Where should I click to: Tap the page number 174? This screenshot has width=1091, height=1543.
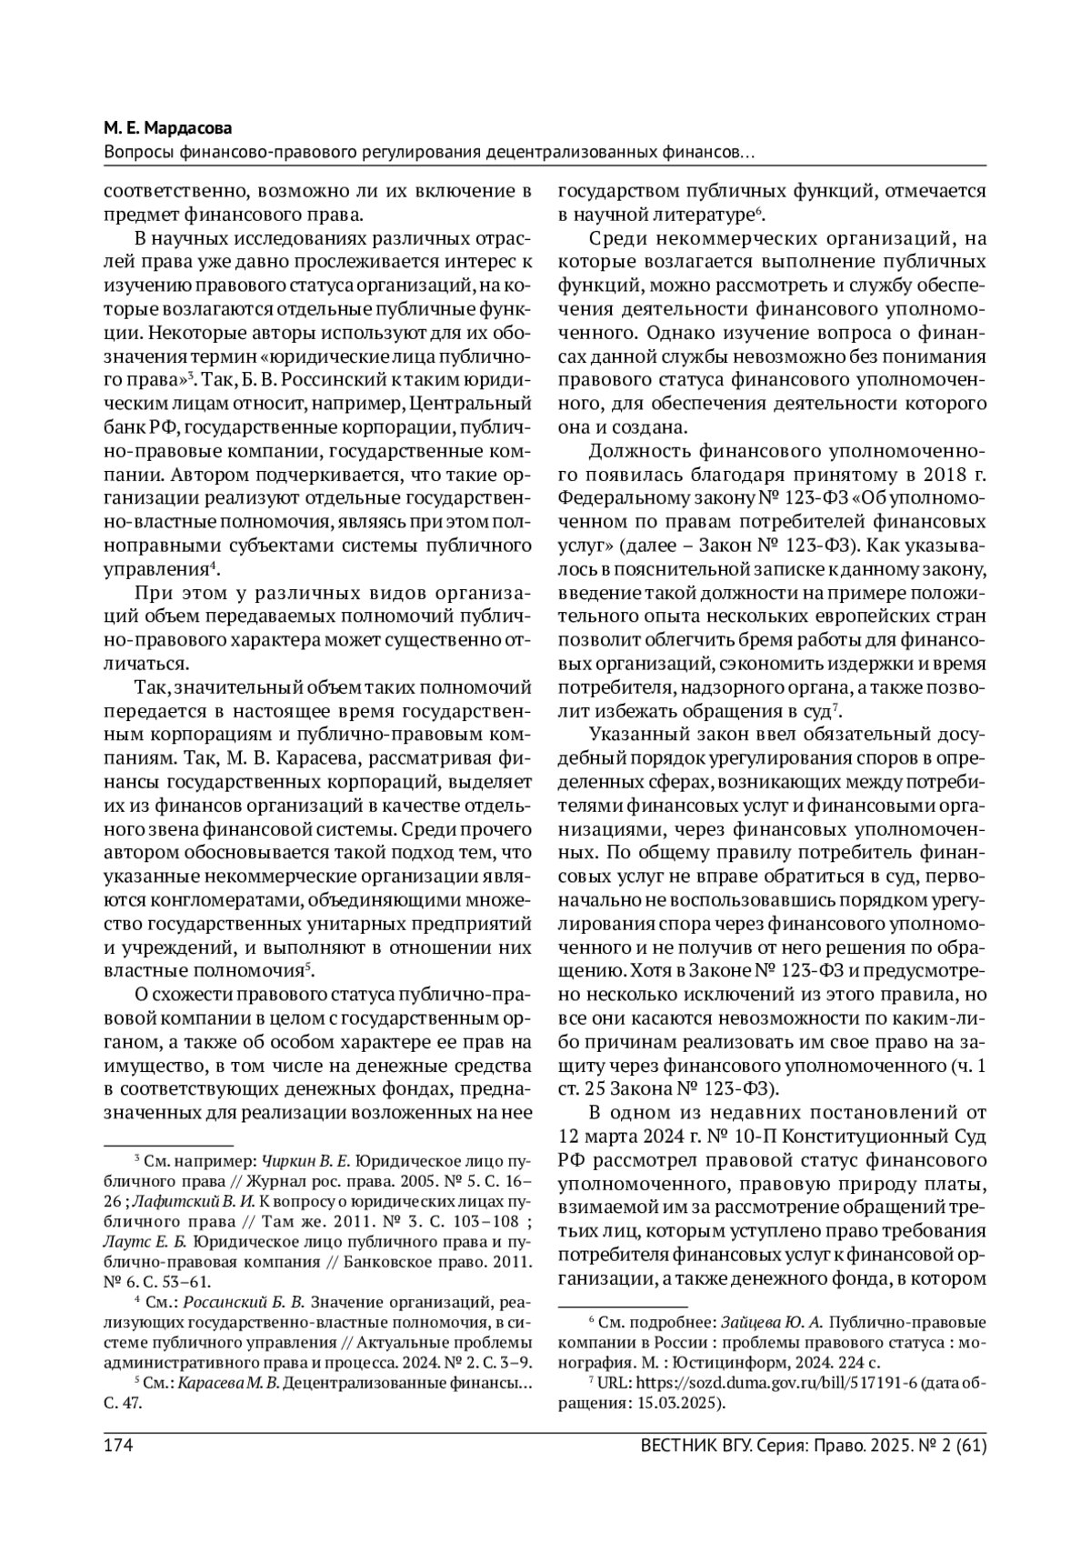[x=118, y=1445]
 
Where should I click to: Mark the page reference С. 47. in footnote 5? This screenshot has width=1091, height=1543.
[x=125, y=1403]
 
